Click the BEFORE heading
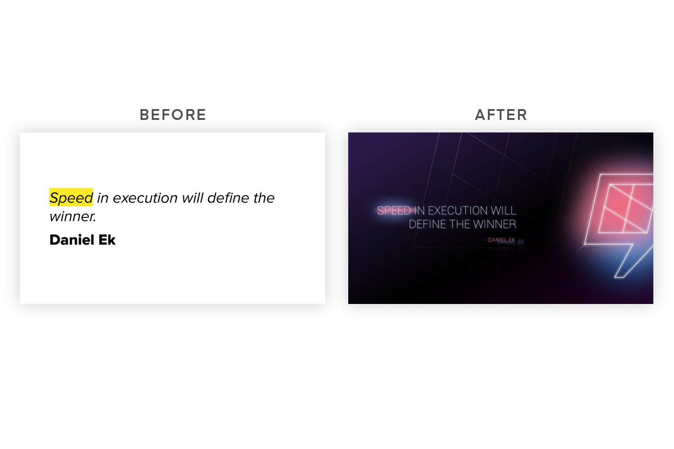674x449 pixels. click(173, 115)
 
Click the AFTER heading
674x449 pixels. click(501, 115)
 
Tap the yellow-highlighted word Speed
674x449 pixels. click(71, 198)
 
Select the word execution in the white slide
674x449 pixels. click(145, 198)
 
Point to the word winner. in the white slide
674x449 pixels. click(73, 216)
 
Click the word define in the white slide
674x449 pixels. click(228, 198)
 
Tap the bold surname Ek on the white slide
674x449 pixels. click(107, 240)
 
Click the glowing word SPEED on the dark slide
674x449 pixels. click(394, 211)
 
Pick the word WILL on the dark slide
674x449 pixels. click(503, 211)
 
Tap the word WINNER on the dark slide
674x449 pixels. click(495, 224)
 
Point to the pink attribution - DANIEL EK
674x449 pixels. click(500, 240)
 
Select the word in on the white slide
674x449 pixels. click(102, 198)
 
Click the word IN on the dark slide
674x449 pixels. click(419, 211)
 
